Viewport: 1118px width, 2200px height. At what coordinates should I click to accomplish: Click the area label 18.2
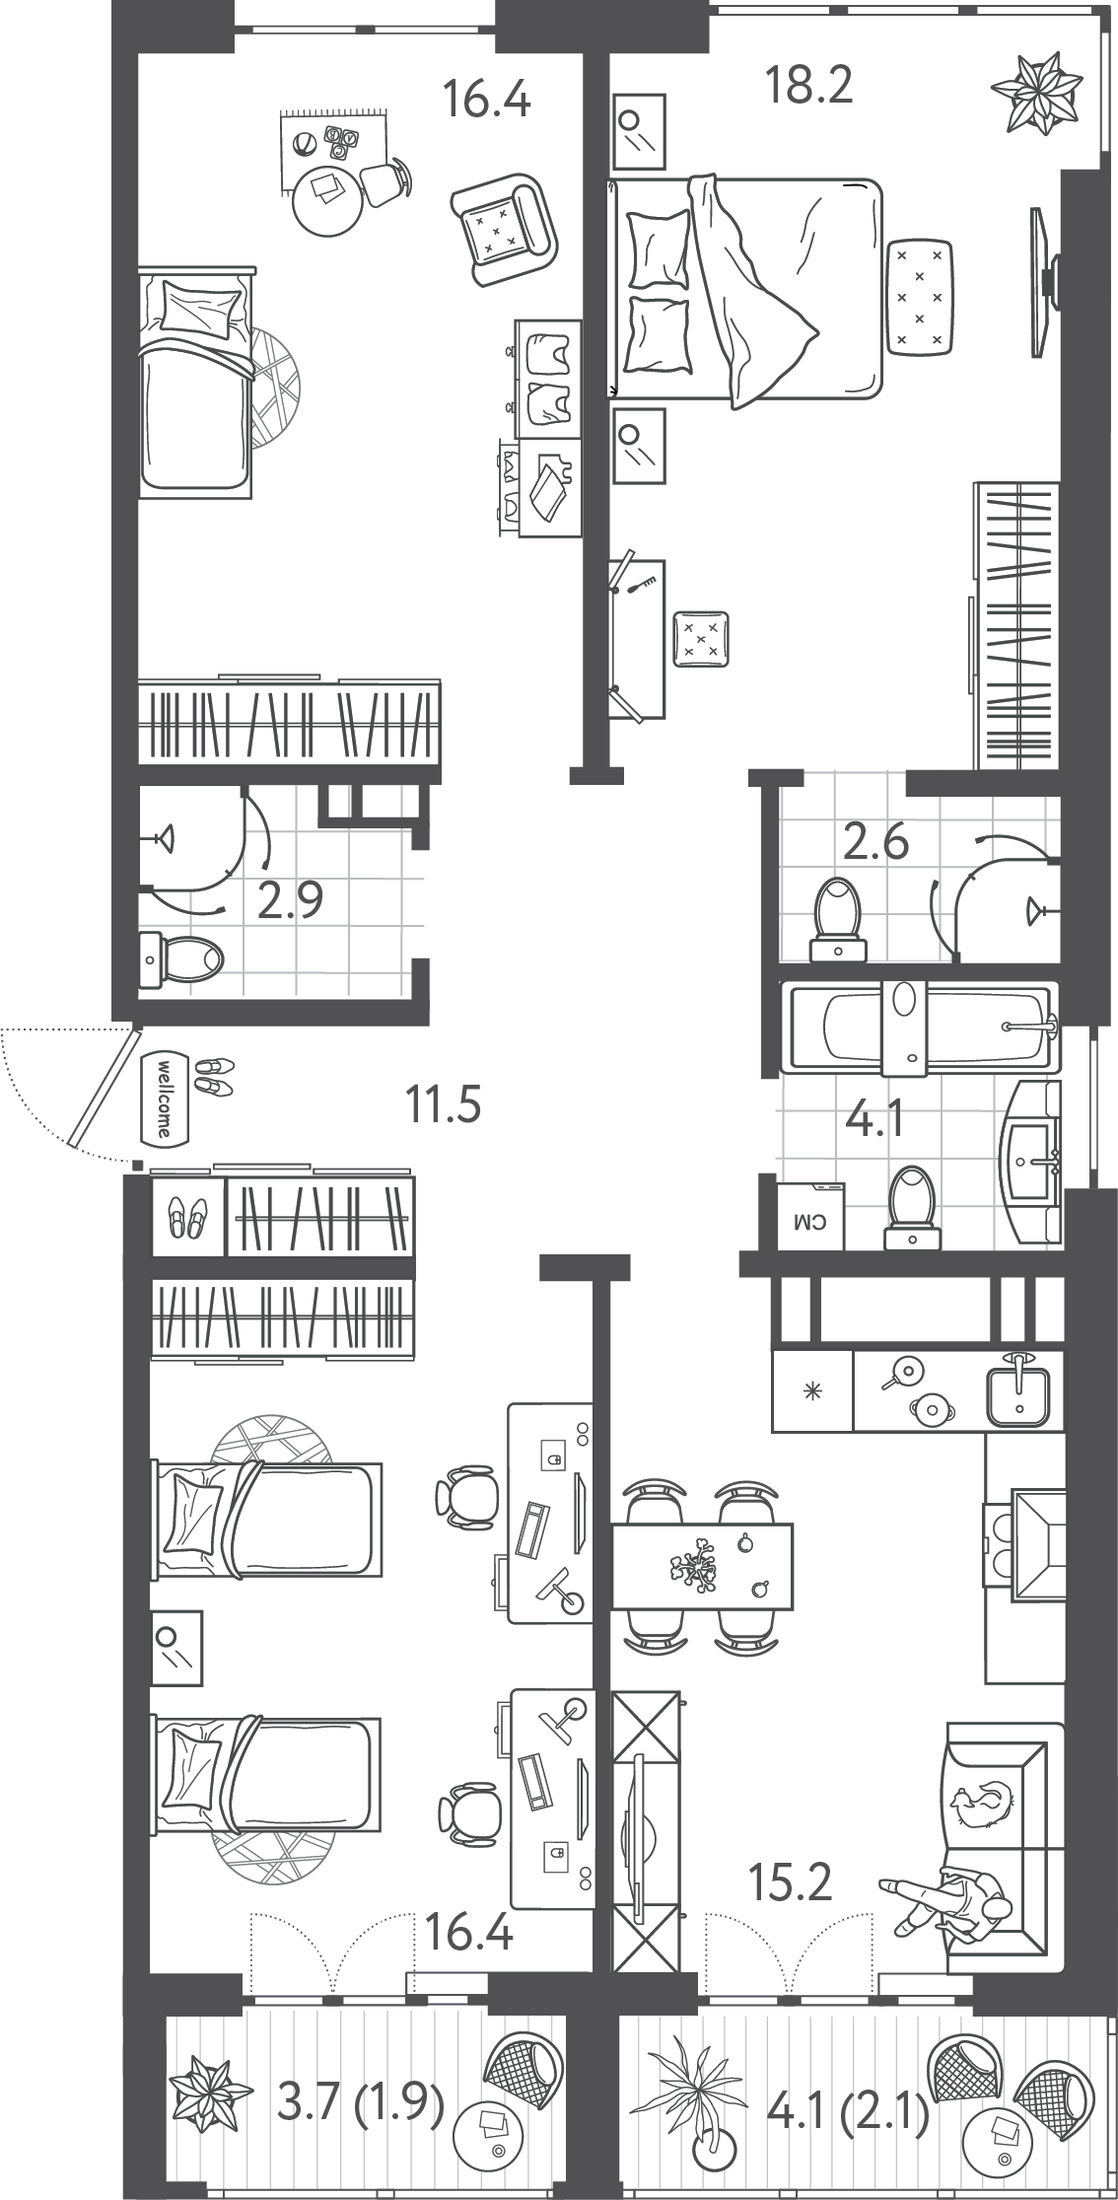click(x=808, y=87)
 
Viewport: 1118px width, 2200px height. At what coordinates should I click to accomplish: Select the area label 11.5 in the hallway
click(x=444, y=1103)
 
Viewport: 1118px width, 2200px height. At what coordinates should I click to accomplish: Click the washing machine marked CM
click(x=810, y=1215)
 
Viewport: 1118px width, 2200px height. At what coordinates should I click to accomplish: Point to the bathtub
click(x=919, y=1027)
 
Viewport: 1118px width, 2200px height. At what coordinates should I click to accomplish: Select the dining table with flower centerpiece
click(x=703, y=1567)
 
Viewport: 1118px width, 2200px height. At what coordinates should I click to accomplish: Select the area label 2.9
click(x=290, y=900)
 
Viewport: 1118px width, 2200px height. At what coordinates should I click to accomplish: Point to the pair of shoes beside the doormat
click(x=214, y=1075)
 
